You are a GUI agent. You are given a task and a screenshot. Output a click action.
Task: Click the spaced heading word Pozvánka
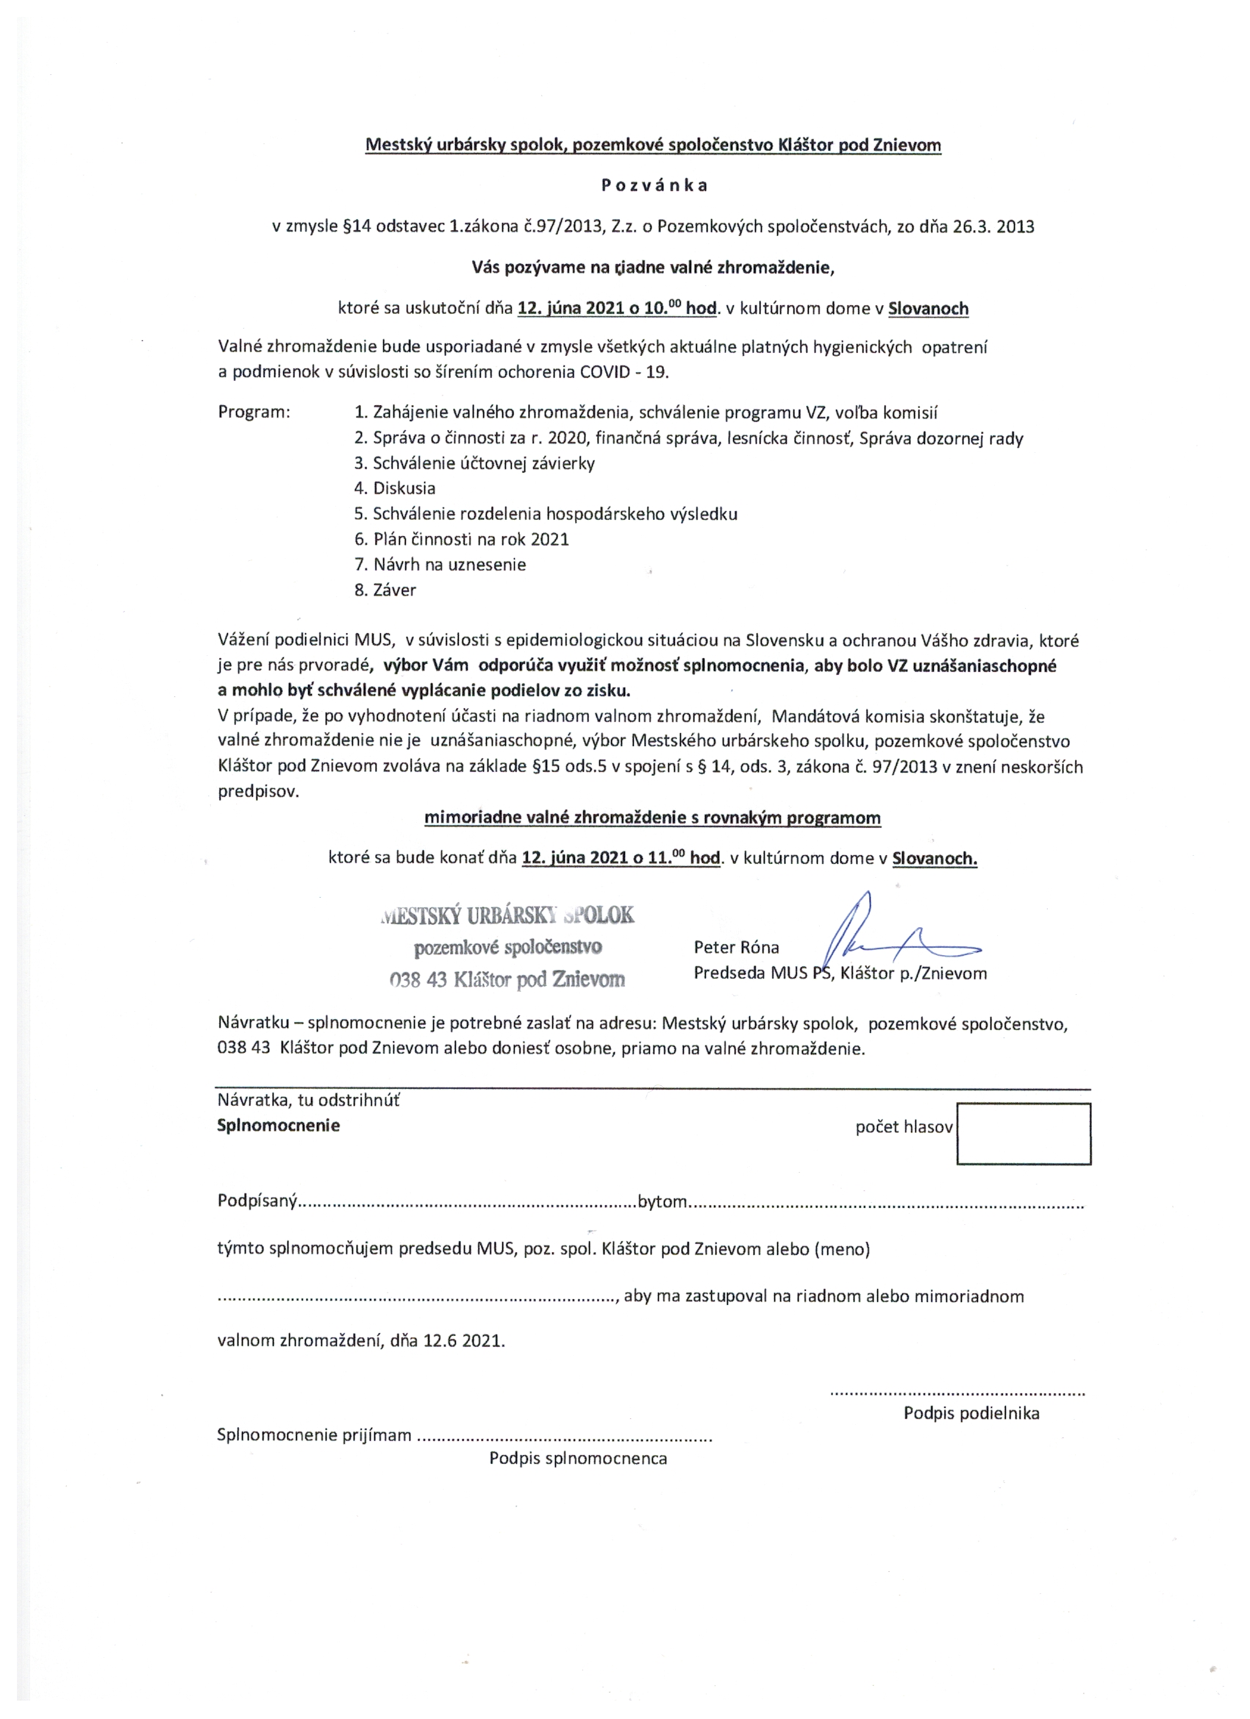point(654,186)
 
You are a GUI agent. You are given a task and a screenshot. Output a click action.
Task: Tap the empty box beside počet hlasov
point(1023,1133)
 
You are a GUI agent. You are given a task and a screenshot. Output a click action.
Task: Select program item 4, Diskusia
point(394,488)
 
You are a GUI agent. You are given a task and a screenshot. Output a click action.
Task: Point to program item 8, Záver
point(385,590)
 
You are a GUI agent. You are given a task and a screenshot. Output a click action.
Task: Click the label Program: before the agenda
point(254,412)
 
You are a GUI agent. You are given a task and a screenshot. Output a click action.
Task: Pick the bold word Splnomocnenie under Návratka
point(278,1126)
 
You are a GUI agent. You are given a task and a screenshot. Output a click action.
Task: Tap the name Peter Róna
point(735,948)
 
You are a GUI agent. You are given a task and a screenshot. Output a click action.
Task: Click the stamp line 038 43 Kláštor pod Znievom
point(507,980)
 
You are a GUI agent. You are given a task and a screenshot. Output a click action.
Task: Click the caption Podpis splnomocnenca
point(578,1458)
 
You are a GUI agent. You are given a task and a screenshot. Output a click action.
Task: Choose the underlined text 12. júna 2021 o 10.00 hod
point(617,309)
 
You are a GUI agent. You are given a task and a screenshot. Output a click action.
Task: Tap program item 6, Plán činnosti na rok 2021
point(461,539)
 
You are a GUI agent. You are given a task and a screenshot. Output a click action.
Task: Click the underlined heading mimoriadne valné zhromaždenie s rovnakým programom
point(652,818)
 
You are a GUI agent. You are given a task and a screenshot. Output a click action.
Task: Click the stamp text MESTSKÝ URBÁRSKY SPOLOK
point(507,915)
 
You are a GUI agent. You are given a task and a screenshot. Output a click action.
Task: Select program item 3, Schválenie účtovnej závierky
point(474,463)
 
